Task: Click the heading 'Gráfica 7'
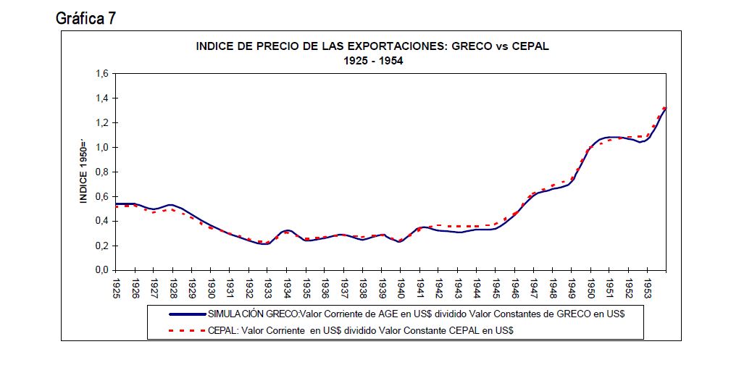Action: click(85, 18)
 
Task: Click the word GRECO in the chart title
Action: click(472, 46)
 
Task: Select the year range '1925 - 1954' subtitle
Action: click(373, 61)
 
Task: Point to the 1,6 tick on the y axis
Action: click(101, 74)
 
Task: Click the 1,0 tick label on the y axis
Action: click(101, 148)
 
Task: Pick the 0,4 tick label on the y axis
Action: click(101, 221)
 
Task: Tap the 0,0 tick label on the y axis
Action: click(101, 270)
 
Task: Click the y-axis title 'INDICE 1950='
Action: click(83, 171)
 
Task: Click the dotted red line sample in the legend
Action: click(187, 330)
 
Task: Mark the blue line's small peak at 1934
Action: click(287, 230)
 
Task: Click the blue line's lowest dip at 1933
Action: click(266, 244)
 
